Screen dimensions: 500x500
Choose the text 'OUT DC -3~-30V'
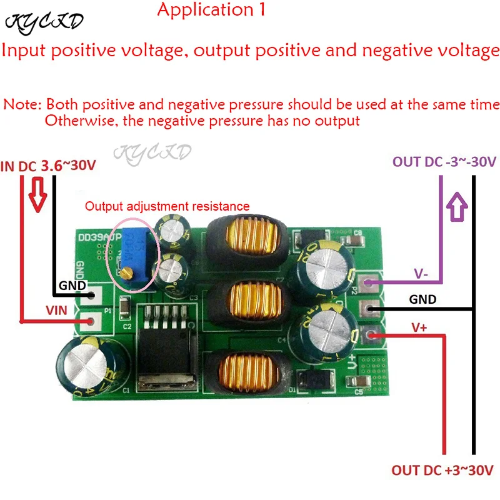[444, 161]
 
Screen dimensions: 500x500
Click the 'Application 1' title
[212, 10]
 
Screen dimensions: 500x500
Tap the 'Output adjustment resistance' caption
[167, 206]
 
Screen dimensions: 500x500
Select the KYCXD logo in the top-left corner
[44, 22]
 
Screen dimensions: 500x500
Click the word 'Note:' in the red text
[22, 104]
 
